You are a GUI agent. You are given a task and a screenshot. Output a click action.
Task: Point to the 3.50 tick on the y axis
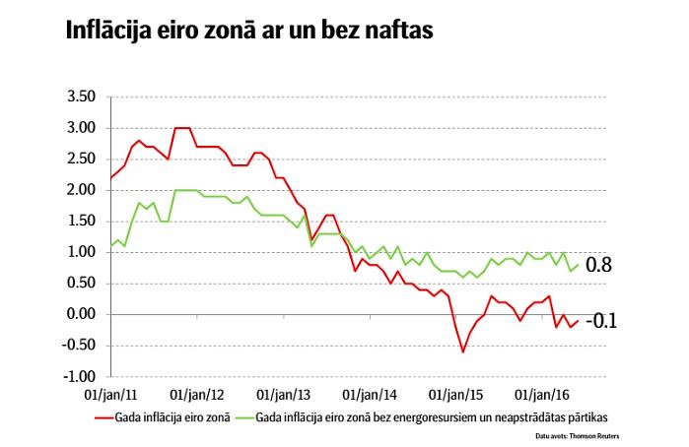(81, 96)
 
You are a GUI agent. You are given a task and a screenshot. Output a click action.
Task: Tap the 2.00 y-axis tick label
(81, 190)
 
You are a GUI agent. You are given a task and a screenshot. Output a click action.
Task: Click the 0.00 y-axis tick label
(81, 315)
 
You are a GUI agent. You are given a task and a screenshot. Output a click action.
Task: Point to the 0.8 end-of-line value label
(599, 265)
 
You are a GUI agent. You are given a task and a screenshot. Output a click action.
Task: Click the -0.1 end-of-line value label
(601, 321)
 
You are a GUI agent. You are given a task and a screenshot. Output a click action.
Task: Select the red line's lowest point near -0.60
(462, 351)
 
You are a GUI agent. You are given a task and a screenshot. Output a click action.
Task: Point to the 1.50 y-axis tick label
(81, 222)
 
